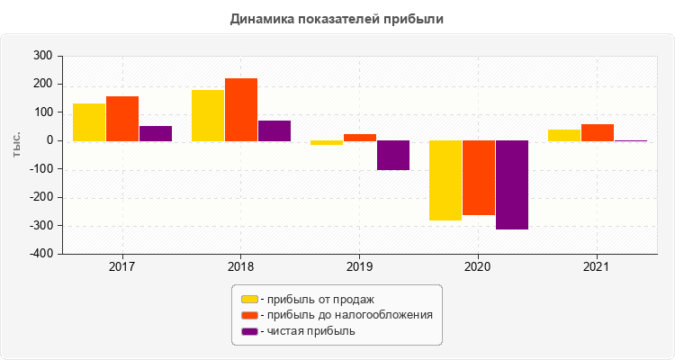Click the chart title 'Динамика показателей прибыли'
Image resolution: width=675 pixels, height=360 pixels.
[x=337, y=18]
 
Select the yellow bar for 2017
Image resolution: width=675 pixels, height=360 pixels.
[x=89, y=122]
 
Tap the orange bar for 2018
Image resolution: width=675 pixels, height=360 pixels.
[x=241, y=110]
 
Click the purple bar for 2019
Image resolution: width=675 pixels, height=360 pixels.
[x=393, y=155]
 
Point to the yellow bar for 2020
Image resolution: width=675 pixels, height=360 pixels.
[x=445, y=180]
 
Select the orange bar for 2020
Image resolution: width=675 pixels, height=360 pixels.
[x=479, y=177]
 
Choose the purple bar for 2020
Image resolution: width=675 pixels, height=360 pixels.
[x=512, y=184]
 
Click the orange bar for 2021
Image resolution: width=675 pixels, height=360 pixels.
[x=598, y=132]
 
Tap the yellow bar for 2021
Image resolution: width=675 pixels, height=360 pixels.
[x=564, y=135]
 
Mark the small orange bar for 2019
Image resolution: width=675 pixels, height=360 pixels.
[x=360, y=138]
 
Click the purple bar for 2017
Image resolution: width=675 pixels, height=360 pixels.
[x=156, y=133]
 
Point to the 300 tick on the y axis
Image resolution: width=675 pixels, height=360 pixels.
[x=43, y=56]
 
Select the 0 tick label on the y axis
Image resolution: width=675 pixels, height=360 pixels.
[x=49, y=140]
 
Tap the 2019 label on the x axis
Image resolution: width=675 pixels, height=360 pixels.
[x=358, y=267]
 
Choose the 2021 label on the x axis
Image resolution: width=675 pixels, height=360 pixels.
[x=596, y=267]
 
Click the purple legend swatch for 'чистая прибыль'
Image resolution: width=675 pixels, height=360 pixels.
[x=249, y=331]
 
